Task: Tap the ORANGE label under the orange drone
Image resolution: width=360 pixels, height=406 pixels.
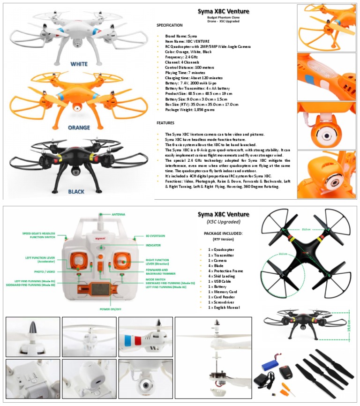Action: pos(79,128)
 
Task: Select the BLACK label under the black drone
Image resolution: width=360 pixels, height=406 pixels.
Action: pos(76,191)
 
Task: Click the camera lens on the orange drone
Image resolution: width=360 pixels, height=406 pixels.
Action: pos(75,109)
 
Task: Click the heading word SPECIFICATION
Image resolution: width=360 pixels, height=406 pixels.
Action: pos(169,25)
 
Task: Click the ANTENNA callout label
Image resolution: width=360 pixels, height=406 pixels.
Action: pos(118,214)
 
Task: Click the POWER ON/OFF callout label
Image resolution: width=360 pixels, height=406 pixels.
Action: pos(110,309)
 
